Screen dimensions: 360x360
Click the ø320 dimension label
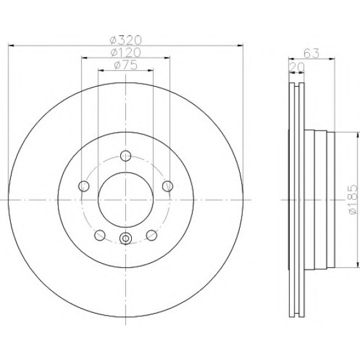pos(126,40)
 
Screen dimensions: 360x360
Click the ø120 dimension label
pos(125,53)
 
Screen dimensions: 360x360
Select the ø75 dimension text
pos(126,65)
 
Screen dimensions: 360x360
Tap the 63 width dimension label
pos(311,53)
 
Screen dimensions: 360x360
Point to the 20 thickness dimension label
pos(297,67)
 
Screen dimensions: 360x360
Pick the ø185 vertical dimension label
pos(353,199)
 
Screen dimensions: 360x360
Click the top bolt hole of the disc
pos(126,156)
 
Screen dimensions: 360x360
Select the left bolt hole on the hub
pos(84,186)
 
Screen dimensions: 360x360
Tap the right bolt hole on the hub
pos(168,186)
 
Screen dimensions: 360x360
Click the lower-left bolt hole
pos(100,235)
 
